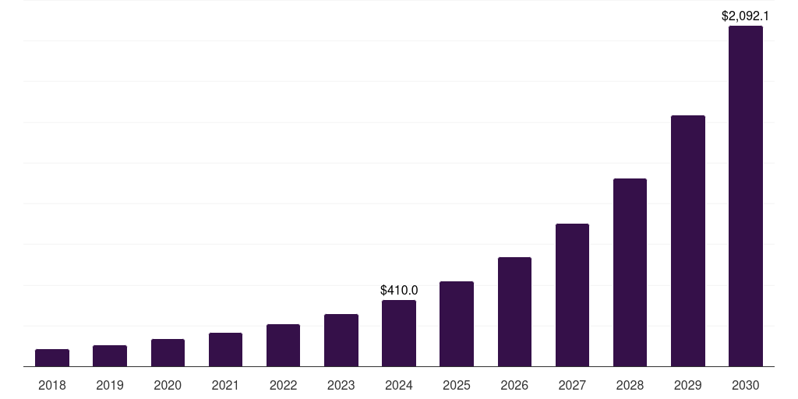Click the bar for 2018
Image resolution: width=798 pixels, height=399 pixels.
point(52,358)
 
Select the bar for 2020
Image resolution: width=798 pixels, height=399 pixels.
point(168,352)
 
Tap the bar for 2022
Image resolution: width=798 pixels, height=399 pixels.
point(283,345)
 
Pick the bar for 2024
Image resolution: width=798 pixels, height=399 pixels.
point(399,333)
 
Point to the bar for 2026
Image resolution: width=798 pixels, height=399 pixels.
point(514,312)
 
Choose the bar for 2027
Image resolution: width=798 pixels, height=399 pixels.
point(572,295)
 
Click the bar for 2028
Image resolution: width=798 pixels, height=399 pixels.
point(630,272)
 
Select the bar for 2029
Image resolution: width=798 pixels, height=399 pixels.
point(687,241)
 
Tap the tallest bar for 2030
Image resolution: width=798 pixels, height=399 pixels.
point(745,196)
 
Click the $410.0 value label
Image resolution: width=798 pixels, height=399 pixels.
point(399,290)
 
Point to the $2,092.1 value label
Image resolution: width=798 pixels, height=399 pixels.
point(745,15)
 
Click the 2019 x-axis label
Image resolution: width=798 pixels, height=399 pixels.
point(110,385)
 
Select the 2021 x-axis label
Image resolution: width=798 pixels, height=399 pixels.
point(225,385)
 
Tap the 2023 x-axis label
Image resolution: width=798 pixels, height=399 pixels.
point(341,385)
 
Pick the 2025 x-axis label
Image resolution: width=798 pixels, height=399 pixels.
point(457,385)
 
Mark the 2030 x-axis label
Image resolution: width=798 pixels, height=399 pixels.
point(745,385)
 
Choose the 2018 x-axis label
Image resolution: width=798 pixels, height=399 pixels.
point(52,385)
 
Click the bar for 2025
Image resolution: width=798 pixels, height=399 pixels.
point(457,323)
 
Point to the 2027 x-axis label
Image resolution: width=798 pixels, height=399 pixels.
point(572,385)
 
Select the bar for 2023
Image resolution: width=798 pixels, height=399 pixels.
point(341,340)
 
